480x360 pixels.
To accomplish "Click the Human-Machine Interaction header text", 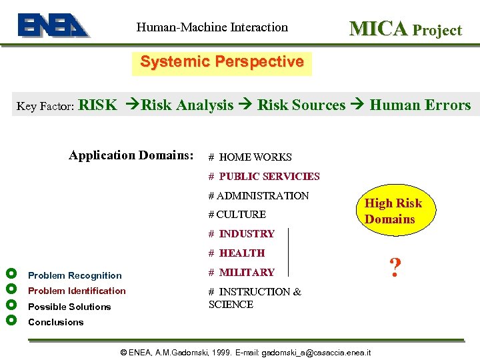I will (212, 27).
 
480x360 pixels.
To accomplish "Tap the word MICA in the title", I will (378, 29).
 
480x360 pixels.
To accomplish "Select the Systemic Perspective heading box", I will (221, 63).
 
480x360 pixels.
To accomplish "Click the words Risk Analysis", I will (187, 105).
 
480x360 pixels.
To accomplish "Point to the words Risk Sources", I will (301, 105).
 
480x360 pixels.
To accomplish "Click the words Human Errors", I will (420, 105).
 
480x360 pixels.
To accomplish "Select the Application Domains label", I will (131, 155).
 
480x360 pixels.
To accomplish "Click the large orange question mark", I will (395, 268).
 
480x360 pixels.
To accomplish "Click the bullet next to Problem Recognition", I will (10, 274).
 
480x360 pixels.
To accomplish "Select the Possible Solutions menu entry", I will (69, 307).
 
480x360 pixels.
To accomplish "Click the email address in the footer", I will (317, 352).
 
